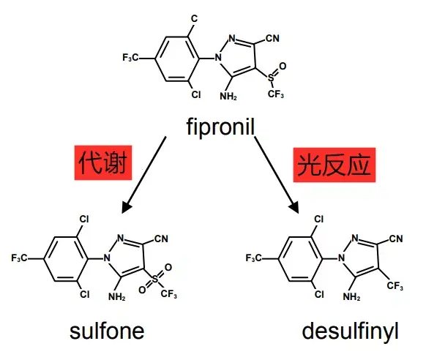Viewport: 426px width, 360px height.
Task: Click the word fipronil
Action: [x=220, y=127]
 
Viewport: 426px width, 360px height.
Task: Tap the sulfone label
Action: [x=107, y=331]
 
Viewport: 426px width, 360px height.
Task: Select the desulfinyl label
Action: [x=350, y=331]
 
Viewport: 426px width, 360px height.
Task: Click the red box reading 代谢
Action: [x=103, y=163]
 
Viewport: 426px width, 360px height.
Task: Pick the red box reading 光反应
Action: [x=335, y=165]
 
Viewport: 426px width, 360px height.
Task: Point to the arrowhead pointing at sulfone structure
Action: [x=126, y=207]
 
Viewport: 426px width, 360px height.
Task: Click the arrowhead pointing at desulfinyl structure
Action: [x=294, y=208]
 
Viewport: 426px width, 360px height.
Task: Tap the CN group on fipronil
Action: [x=272, y=38]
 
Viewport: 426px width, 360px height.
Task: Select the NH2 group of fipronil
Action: [x=228, y=96]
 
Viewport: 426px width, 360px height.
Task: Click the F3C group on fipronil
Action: [x=130, y=58]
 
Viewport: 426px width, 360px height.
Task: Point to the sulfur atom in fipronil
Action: [x=271, y=78]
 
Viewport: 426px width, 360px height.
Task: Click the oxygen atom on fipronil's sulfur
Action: [x=283, y=66]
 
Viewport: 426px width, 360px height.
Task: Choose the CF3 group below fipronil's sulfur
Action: [x=275, y=94]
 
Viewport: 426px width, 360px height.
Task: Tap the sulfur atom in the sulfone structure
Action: [x=155, y=279]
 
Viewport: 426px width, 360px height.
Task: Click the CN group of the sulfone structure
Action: [x=161, y=239]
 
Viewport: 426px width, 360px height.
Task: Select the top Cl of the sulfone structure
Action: [x=84, y=219]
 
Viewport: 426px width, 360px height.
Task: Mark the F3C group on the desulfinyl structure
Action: [x=253, y=258]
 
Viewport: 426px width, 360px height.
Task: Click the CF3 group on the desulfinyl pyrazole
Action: [x=395, y=286]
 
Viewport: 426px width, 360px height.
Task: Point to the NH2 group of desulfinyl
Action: [x=351, y=296]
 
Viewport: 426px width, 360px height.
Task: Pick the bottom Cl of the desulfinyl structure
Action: [x=319, y=294]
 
